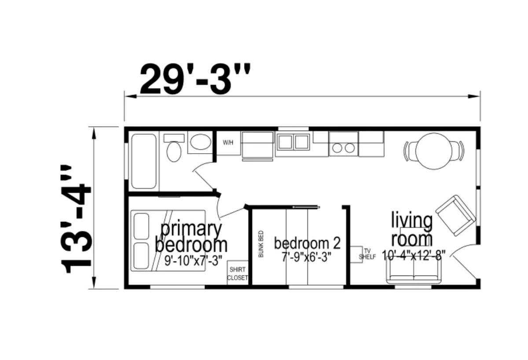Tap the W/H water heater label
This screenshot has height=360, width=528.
pyautogui.click(x=228, y=143)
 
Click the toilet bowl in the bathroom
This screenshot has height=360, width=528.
pyautogui.click(x=174, y=151)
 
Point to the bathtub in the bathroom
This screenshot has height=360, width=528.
pyautogui.click(x=144, y=161)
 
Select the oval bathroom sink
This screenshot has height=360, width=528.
pyautogui.click(x=201, y=142)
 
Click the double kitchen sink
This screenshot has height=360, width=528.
pyautogui.click(x=293, y=142)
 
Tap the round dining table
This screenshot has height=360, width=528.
pyautogui.click(x=434, y=151)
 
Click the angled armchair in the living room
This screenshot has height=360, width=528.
pyautogui.click(x=455, y=216)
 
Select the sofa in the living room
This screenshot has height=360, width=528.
pyautogui.click(x=414, y=272)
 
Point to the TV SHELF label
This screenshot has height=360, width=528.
pyautogui.click(x=367, y=254)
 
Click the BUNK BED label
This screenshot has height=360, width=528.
pyautogui.click(x=261, y=243)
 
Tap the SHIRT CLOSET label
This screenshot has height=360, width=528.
pyautogui.click(x=237, y=273)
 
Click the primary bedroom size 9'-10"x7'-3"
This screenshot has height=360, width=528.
pyautogui.click(x=193, y=261)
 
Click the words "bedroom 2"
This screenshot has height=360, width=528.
pyautogui.click(x=307, y=243)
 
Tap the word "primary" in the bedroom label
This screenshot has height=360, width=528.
pyautogui.click(x=191, y=230)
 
